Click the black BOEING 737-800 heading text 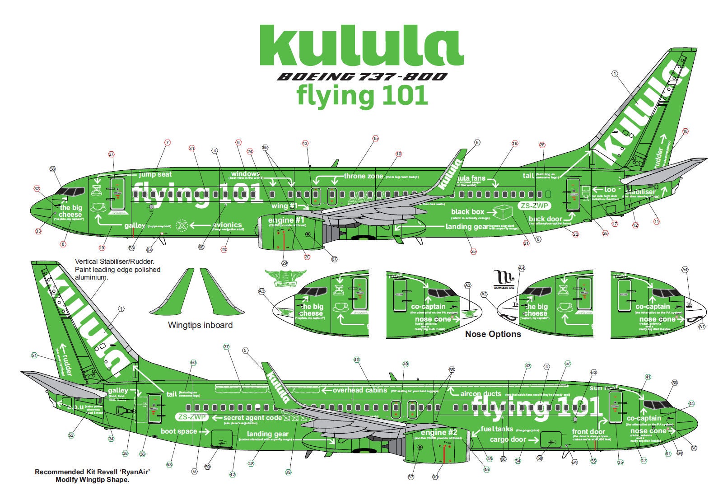[x=361, y=77]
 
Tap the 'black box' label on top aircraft [x=467, y=211]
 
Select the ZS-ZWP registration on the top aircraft [x=534, y=206]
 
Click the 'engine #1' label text [x=286, y=220]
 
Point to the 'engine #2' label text [x=439, y=432]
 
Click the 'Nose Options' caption [x=493, y=334]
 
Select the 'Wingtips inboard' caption [x=200, y=325]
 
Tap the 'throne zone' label [x=363, y=176]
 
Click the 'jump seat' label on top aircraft [x=155, y=174]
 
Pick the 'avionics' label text [x=227, y=224]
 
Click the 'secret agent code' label [x=252, y=418]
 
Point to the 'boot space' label [x=179, y=431]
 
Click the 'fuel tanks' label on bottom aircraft [x=497, y=429]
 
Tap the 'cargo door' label [x=508, y=439]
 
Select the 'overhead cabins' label [x=360, y=390]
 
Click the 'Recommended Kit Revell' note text [x=92, y=472]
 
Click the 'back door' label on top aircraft [x=546, y=219]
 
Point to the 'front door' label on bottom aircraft [x=588, y=432]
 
